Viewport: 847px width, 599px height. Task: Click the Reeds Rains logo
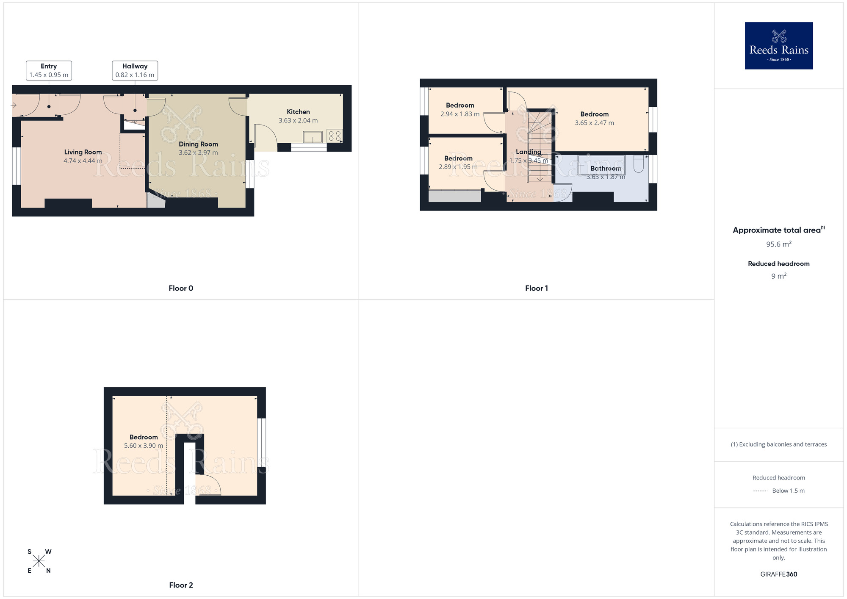tap(778, 46)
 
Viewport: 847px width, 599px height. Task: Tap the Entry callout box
tap(49, 70)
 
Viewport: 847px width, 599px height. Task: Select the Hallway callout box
tap(135, 70)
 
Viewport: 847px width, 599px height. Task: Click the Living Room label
tap(83, 152)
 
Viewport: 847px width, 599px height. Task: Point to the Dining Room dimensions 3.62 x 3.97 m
tap(198, 153)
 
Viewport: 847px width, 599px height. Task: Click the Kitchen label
tap(298, 112)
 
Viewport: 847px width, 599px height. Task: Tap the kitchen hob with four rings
tap(335, 136)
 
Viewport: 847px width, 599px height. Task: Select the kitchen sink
tap(313, 137)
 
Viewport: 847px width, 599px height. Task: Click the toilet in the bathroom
tap(639, 164)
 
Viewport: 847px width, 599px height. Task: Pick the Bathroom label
tap(606, 168)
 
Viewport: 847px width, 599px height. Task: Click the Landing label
tap(529, 152)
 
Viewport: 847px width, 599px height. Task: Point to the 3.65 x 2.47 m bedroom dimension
tap(594, 123)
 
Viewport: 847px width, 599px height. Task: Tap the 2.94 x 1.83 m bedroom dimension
tap(460, 114)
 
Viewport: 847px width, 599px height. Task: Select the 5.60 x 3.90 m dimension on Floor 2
tap(144, 446)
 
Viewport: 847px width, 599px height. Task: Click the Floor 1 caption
tap(537, 288)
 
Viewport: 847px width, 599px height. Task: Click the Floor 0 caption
tap(181, 288)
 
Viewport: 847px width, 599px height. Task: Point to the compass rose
tap(39, 561)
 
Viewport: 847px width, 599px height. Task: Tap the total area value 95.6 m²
tap(779, 244)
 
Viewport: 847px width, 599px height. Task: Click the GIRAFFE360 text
tap(779, 574)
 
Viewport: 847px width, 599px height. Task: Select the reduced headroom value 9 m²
tap(779, 276)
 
